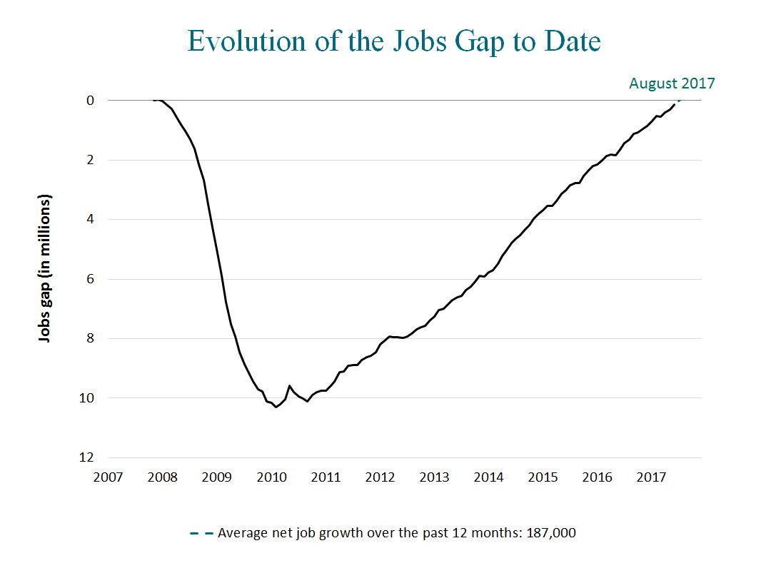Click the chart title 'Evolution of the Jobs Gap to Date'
coord(393,41)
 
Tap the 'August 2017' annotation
coord(671,83)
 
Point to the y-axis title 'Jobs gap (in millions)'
coord(46,267)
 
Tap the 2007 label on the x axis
coord(108,477)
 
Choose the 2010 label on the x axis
coord(271,477)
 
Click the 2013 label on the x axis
coord(434,477)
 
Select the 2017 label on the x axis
coord(651,477)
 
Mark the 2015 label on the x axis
coord(543,477)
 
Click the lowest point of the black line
coord(276,407)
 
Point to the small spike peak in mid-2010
coord(289,386)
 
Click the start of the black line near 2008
coord(154,101)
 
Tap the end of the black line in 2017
coord(674,105)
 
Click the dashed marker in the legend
coord(201,533)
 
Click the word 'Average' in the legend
coord(240,533)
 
